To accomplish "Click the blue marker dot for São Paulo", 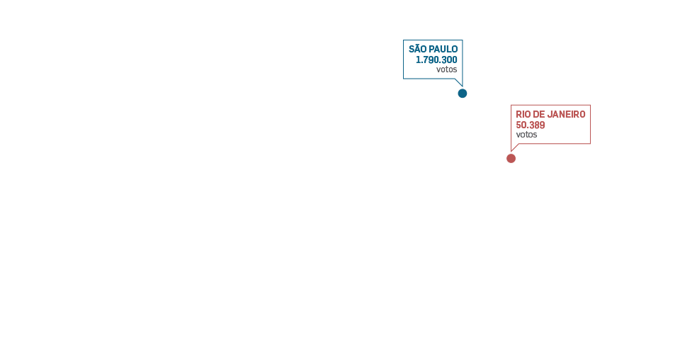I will tap(463, 94).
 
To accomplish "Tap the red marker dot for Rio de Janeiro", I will tap(511, 158).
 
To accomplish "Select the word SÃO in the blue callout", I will tap(418, 50).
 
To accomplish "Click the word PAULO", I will tap(443, 50).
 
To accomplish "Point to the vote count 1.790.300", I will tap(436, 60).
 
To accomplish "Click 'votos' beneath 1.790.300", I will tap(447, 69).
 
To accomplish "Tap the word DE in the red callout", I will tap(540, 115).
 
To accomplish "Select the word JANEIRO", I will tap(567, 115).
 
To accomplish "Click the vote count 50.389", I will tap(531, 125).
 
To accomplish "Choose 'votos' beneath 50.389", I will tap(526, 135).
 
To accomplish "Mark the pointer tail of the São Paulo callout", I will tap(459, 82).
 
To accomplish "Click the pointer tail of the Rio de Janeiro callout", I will tap(514, 147).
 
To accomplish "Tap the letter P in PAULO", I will tap(432, 50).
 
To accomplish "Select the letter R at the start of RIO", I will tap(518, 115).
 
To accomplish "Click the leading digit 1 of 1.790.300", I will tap(417, 60).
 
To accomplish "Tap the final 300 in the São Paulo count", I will tap(450, 60).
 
